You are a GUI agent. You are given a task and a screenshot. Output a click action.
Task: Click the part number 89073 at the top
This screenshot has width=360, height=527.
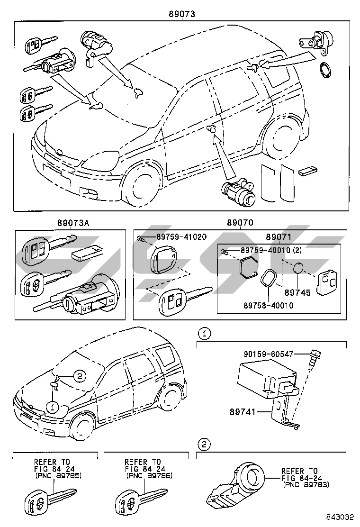(x=182, y=14)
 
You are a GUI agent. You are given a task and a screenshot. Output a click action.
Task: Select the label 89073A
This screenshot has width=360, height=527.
(x=73, y=222)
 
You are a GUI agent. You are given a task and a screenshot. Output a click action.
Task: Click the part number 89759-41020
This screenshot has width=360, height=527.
(x=181, y=236)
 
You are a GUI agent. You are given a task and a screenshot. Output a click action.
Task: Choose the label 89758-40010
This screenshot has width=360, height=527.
(x=268, y=305)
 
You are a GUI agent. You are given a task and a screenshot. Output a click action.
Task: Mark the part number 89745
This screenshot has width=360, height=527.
(x=297, y=292)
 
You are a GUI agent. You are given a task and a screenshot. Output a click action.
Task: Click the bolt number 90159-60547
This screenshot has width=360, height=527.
(x=269, y=354)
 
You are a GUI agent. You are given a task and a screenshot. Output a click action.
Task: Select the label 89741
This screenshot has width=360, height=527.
(x=243, y=411)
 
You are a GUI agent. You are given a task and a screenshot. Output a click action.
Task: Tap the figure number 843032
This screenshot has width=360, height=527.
(x=339, y=517)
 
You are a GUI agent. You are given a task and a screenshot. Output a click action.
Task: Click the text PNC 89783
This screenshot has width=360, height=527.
(x=306, y=485)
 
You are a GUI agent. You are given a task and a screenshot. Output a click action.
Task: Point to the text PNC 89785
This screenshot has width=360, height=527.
(x=58, y=475)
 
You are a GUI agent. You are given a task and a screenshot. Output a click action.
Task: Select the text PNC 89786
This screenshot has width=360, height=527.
(x=149, y=475)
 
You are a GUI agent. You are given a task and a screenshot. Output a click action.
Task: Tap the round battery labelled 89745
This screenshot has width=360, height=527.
(x=298, y=269)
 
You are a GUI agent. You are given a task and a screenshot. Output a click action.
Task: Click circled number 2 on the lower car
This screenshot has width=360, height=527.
(x=80, y=376)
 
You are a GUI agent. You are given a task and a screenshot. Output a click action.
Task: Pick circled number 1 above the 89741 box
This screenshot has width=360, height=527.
(x=205, y=334)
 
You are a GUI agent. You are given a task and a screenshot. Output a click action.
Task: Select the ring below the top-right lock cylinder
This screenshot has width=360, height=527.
(x=325, y=70)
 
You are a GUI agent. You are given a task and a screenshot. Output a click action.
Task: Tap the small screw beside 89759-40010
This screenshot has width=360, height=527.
(x=225, y=251)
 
